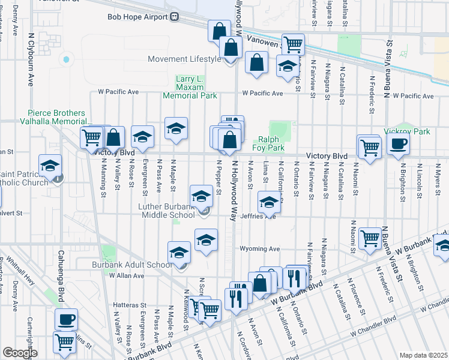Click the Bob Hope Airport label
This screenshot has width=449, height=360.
tap(137, 17)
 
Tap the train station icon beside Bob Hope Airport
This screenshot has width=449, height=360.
tap(175, 17)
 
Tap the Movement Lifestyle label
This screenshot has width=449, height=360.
tap(184, 59)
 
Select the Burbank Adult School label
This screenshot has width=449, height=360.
tap(131, 265)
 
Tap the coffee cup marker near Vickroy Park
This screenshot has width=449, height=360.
tap(397, 144)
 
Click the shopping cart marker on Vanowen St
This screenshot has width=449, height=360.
tap(293, 44)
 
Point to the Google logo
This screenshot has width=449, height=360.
tap(19, 353)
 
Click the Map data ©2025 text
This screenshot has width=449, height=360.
tap(423, 355)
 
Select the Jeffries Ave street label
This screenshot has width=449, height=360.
tap(258, 217)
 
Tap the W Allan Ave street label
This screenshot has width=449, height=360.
tap(127, 275)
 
